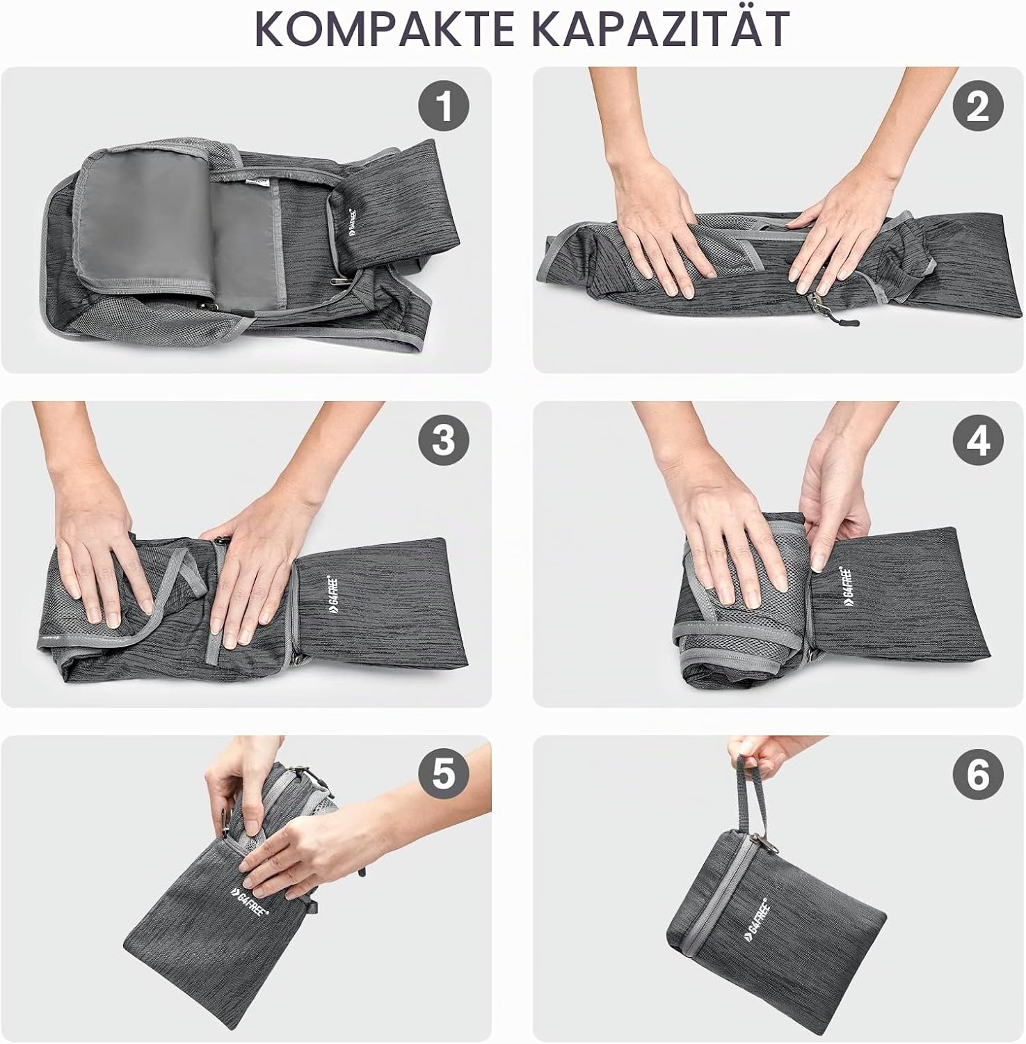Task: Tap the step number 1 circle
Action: pos(444,106)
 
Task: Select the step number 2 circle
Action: pos(978,106)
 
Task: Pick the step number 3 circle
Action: pos(444,441)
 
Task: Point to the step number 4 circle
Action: pos(978,441)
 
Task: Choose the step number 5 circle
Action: pos(444,774)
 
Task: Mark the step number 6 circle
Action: pos(978,774)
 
